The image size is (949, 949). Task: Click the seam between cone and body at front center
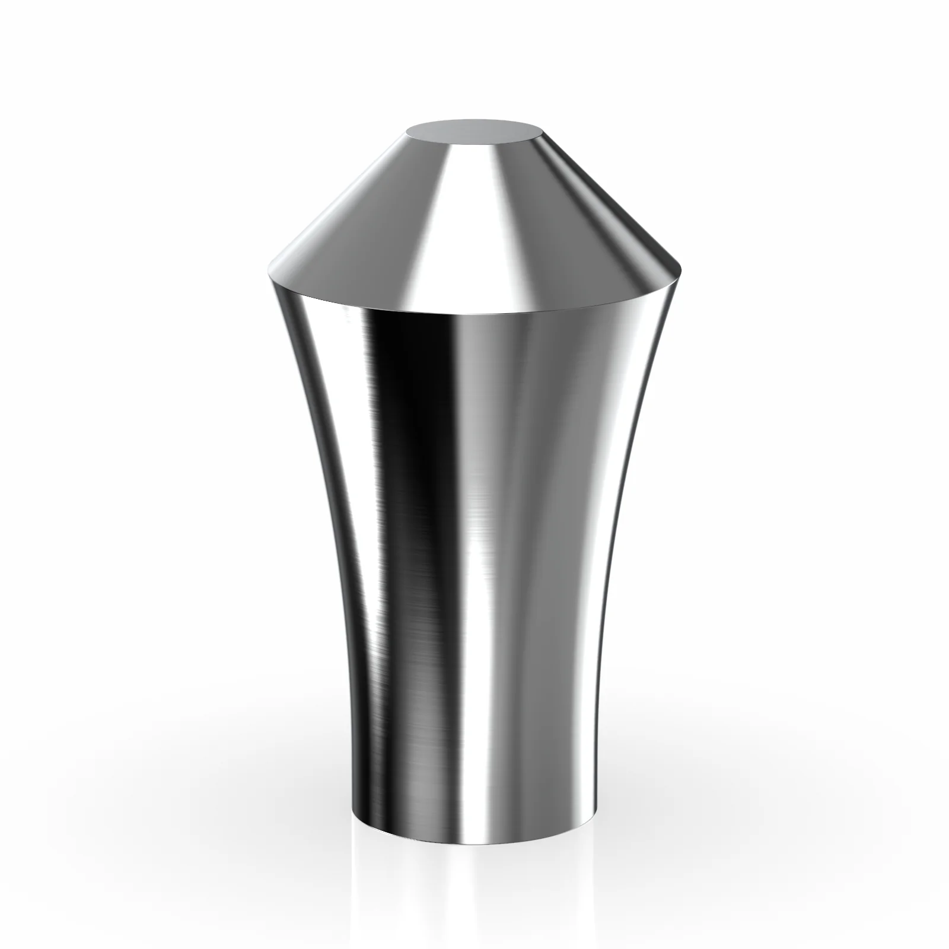tap(474, 313)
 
